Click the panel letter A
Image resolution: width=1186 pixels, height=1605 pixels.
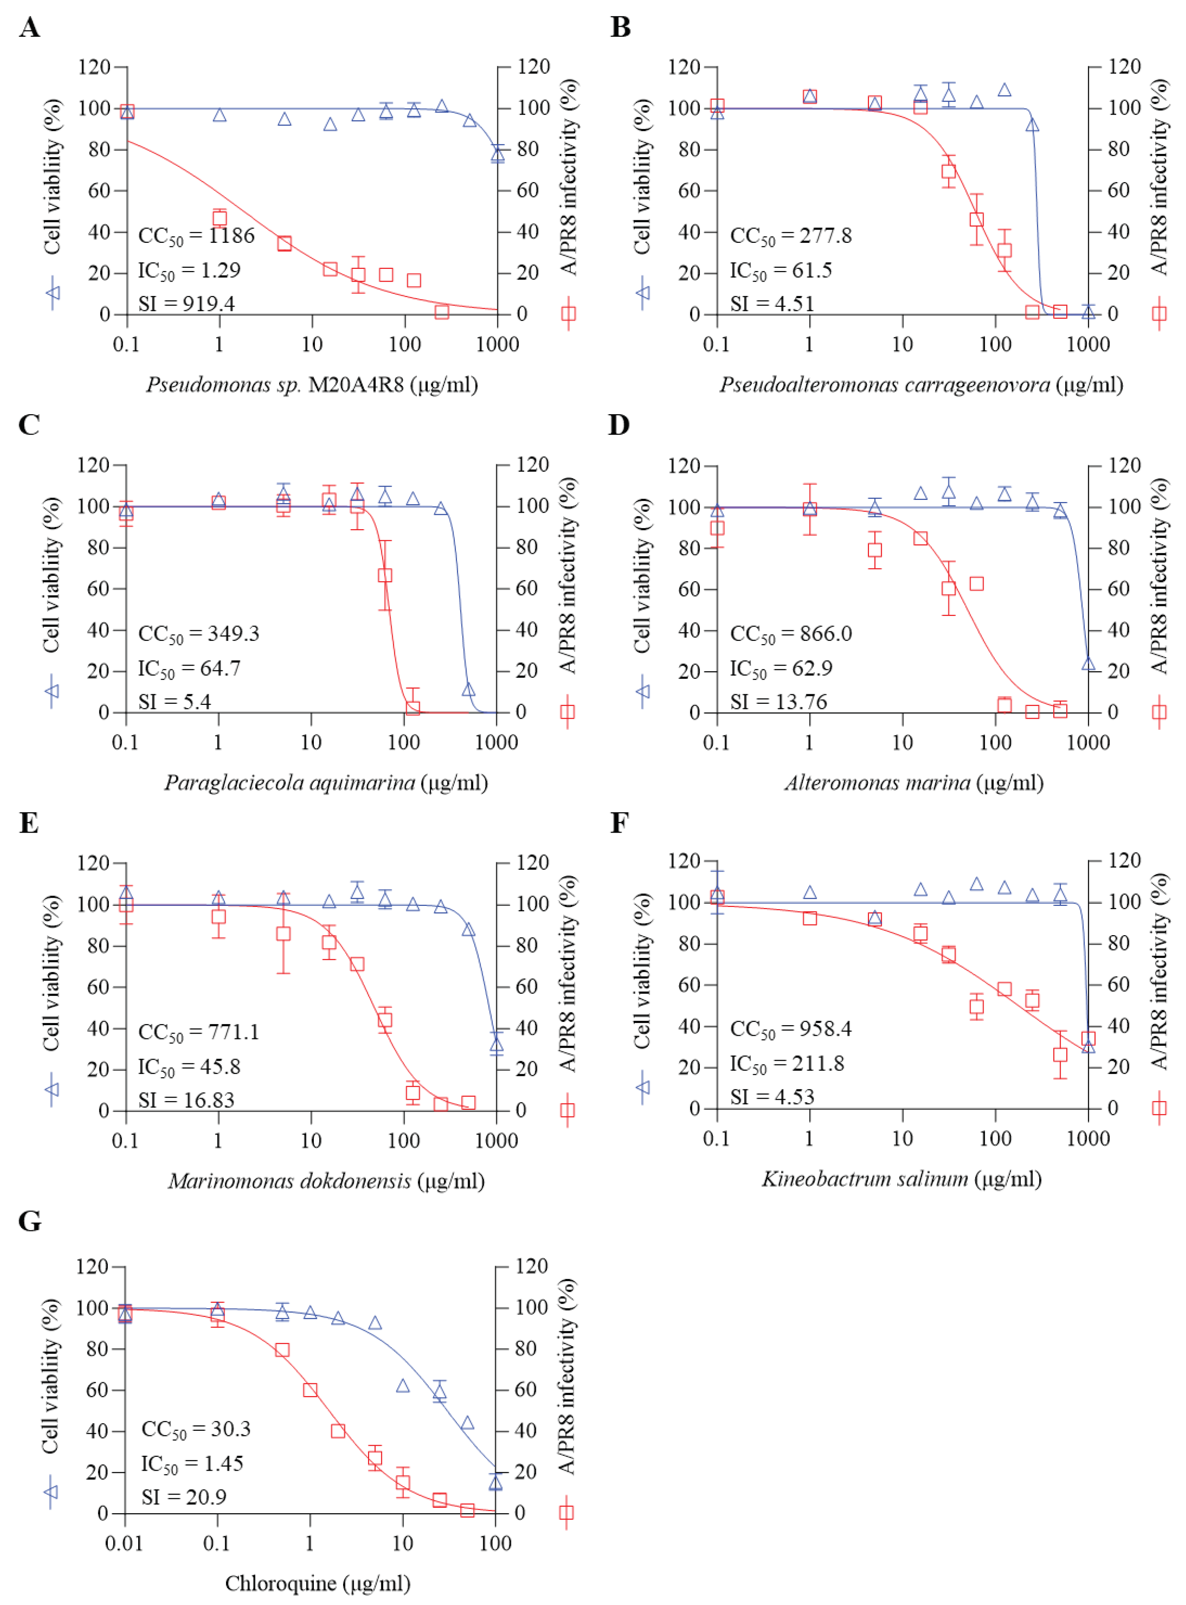[x=29, y=27]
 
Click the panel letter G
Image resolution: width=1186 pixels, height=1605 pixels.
[x=29, y=1221]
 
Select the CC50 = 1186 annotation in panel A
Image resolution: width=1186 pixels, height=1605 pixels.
[x=196, y=236]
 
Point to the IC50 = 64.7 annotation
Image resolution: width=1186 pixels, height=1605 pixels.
[x=189, y=668]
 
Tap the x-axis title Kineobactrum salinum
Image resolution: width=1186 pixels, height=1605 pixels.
[x=901, y=1178]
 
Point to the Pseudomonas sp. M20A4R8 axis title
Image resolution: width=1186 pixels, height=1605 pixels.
[x=312, y=385]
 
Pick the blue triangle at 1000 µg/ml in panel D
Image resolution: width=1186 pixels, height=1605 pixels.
[x=1089, y=663]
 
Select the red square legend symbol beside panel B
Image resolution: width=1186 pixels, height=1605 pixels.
[x=1159, y=314]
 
